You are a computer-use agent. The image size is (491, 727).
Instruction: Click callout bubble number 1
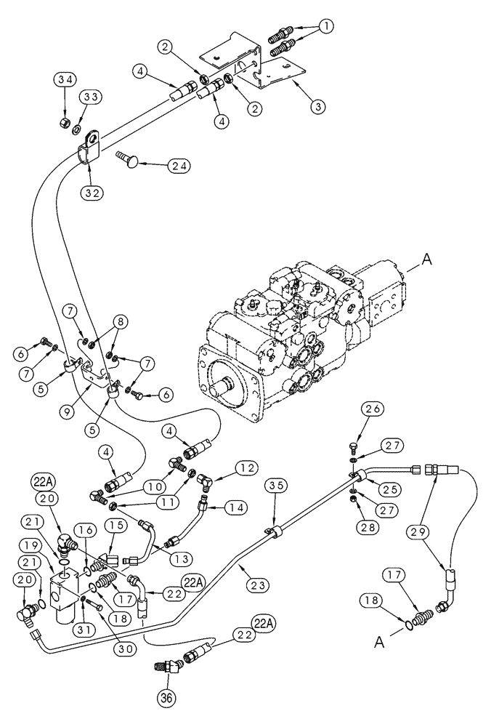328,26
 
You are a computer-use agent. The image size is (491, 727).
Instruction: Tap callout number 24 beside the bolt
179,165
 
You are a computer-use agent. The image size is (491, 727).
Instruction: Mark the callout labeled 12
245,467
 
